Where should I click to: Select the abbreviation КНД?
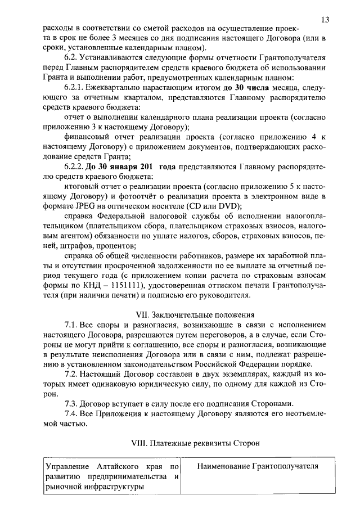point(93,284)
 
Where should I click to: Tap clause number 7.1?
point(71,326)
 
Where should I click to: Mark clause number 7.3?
point(71,404)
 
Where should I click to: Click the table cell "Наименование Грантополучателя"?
point(254,467)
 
